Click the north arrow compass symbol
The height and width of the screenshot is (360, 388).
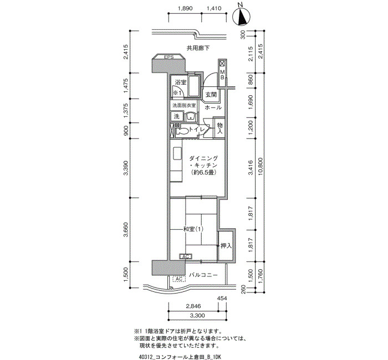click(x=242, y=17)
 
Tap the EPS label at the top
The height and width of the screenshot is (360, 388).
click(x=169, y=57)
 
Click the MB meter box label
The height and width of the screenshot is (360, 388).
click(x=222, y=75)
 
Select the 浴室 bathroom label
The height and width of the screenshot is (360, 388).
click(x=181, y=82)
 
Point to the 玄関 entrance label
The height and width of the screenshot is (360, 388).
click(x=211, y=95)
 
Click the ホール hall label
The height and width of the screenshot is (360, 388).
click(x=213, y=107)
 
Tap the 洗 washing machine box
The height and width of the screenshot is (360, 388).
click(x=177, y=116)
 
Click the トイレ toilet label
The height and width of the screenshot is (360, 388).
click(x=197, y=129)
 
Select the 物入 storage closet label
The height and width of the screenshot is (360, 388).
click(x=219, y=128)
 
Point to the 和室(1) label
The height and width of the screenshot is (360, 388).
click(x=193, y=229)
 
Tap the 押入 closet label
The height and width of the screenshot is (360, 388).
click(x=226, y=246)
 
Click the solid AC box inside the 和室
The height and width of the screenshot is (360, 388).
click(x=186, y=256)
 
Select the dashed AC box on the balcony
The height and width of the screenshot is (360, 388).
click(x=179, y=279)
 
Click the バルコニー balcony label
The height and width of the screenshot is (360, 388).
click(x=203, y=275)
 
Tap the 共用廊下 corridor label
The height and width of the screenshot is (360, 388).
click(x=198, y=48)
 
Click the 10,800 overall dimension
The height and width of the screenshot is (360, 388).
click(x=260, y=167)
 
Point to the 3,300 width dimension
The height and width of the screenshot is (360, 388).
click(x=197, y=315)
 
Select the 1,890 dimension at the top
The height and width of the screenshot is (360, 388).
click(x=185, y=8)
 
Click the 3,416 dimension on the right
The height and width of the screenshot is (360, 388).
click(x=251, y=167)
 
